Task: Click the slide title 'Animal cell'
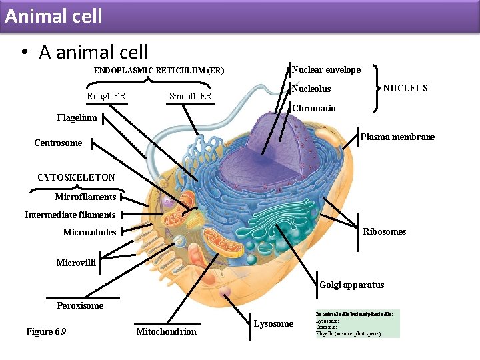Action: click(53, 15)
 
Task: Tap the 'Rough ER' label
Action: click(106, 96)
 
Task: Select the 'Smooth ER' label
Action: click(190, 96)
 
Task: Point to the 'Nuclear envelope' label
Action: click(326, 69)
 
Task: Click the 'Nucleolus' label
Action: click(311, 89)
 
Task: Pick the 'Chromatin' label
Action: click(314, 108)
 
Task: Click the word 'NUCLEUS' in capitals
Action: click(405, 88)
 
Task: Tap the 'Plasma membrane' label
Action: click(397, 137)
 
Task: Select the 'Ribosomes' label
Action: click(384, 231)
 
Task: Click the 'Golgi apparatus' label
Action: click(352, 285)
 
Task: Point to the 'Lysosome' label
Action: click(273, 323)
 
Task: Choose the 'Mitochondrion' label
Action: click(166, 331)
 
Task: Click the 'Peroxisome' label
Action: click(80, 305)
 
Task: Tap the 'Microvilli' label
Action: click(76, 263)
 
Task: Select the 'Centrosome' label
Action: click(58, 143)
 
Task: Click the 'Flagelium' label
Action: click(77, 117)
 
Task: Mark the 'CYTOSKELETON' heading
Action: click(76, 177)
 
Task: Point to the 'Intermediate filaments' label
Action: click(70, 215)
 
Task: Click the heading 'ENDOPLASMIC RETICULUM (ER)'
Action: click(159, 70)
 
